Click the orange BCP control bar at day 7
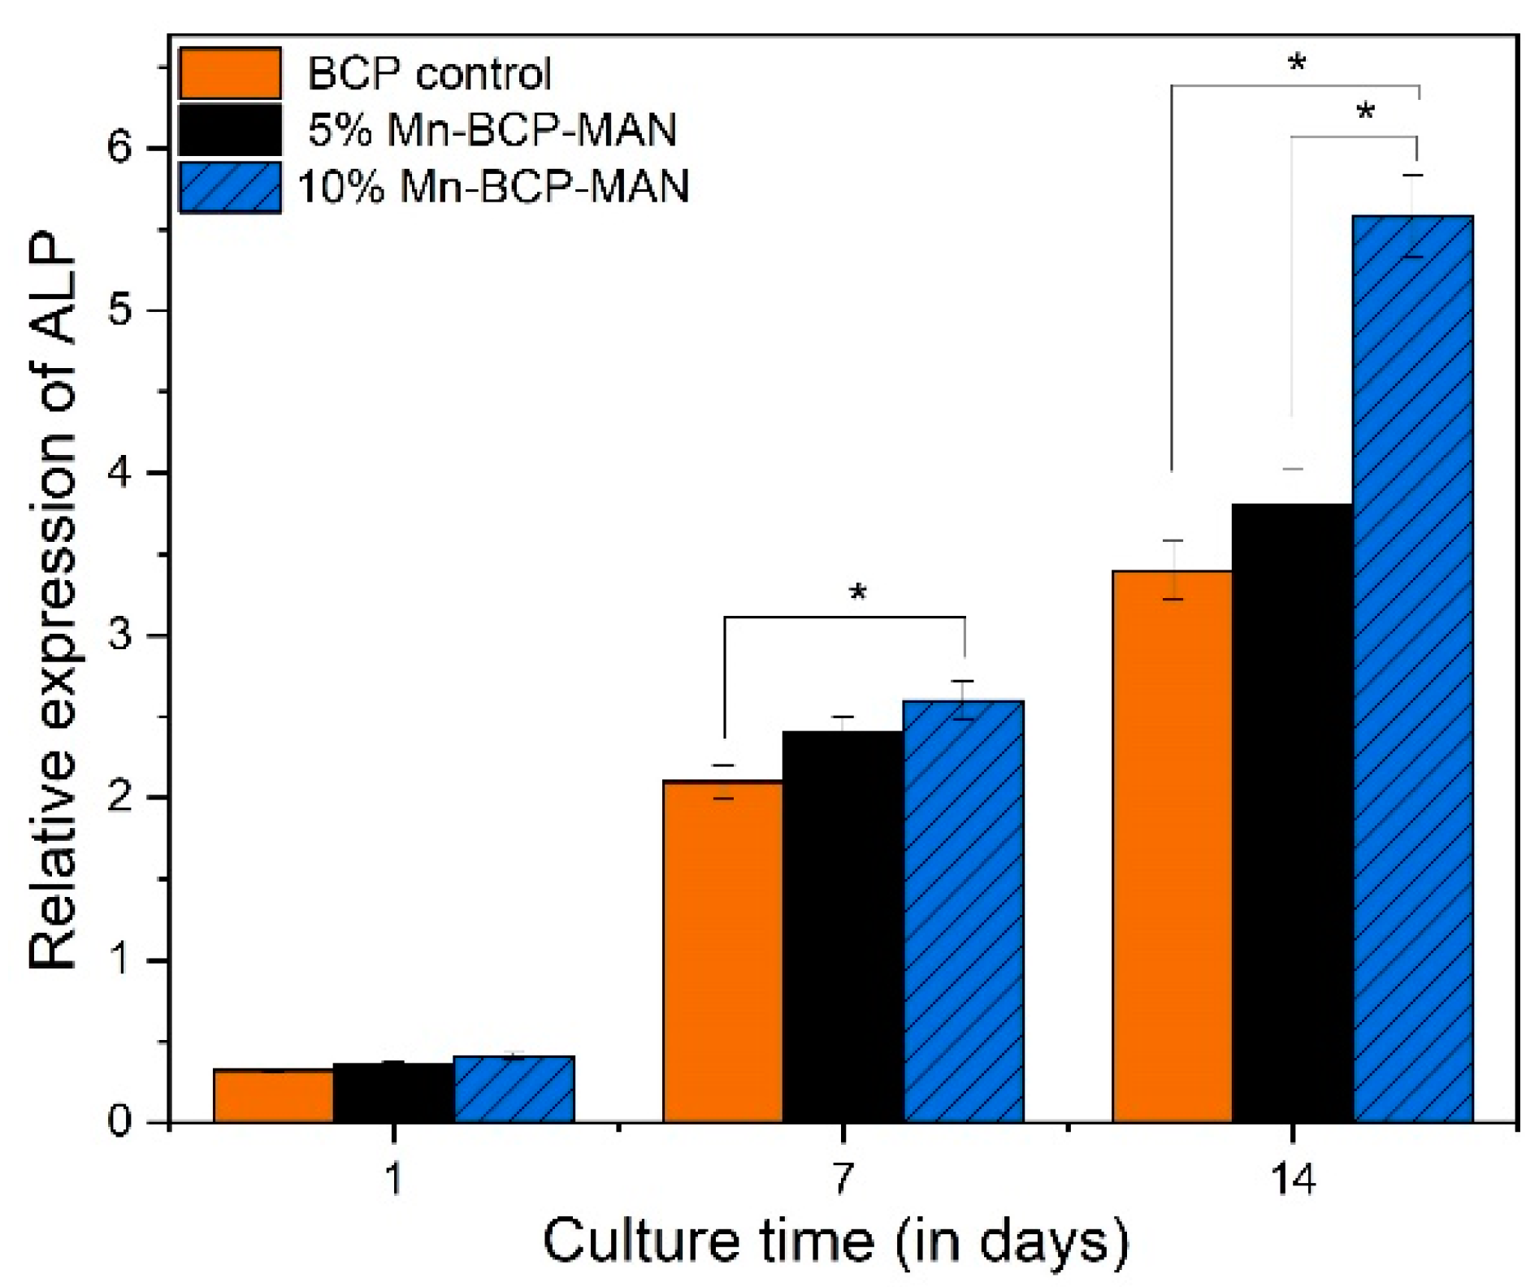(722, 951)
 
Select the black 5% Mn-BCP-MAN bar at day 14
(1292, 812)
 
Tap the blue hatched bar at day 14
(1412, 666)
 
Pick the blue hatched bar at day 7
(963, 910)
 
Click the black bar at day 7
(843, 926)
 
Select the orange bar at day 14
(1172, 845)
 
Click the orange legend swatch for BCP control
(230, 73)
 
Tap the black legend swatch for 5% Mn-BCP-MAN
(230, 129)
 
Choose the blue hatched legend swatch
(230, 187)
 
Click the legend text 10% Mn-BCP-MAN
(493, 187)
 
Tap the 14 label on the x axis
(1292, 1178)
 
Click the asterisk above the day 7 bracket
(858, 594)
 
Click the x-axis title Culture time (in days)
(835, 1241)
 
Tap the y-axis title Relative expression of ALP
(52, 601)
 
